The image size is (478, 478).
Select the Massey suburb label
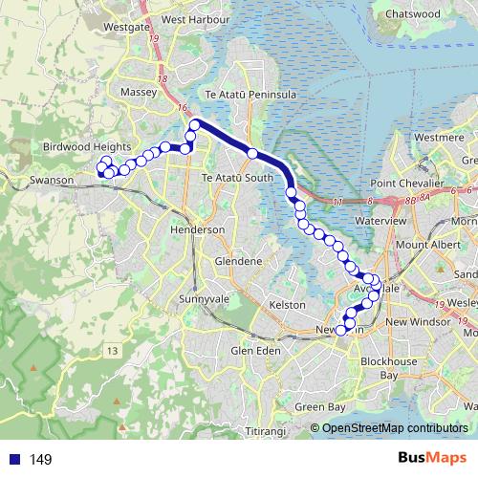coord(140,92)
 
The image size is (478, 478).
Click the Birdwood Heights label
coord(86,146)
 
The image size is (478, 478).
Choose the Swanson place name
coord(45,179)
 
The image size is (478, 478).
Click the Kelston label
coord(289,304)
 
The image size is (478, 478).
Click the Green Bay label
coord(320,407)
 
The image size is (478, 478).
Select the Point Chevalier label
coord(411,183)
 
